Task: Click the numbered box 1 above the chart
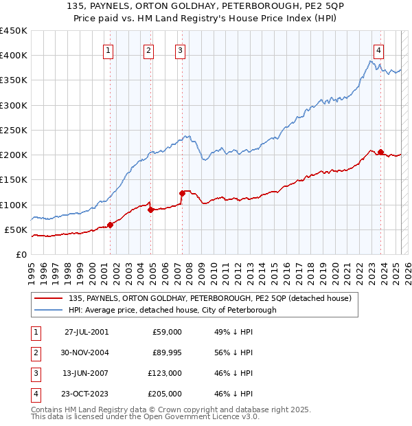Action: coord(109,49)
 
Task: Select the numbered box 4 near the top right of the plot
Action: coord(378,49)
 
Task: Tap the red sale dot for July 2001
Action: coord(111,225)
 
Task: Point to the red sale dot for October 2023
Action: coord(380,153)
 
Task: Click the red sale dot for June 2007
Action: coord(183,193)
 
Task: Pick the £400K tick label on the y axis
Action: coord(13,56)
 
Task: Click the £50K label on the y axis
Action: coord(16,229)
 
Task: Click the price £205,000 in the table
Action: coord(165,394)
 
